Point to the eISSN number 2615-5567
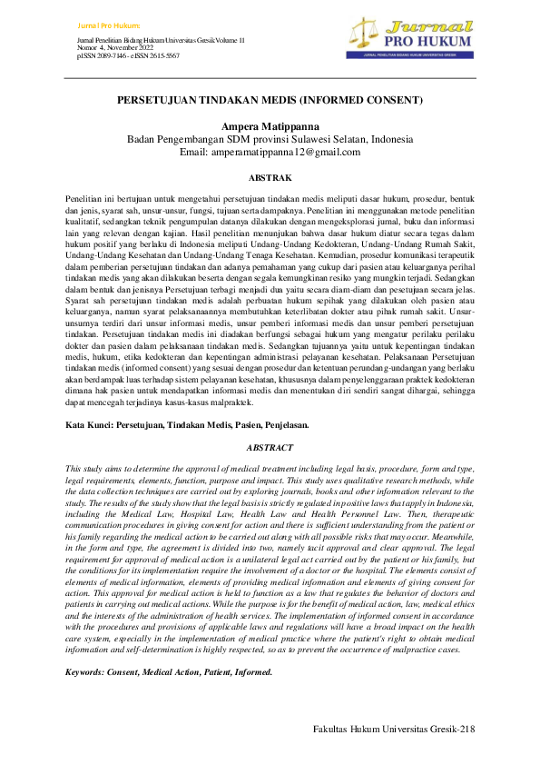point(159,56)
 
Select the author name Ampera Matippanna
point(270,125)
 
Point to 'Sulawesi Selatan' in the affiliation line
point(340,139)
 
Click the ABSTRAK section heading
point(270,178)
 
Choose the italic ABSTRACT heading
point(270,448)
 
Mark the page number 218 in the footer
point(466,730)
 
